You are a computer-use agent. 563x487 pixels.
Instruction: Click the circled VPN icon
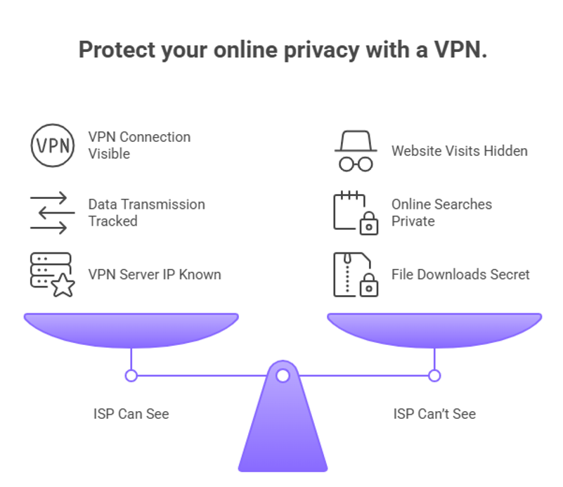click(x=52, y=145)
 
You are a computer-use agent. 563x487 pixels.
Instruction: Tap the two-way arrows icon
click(x=52, y=212)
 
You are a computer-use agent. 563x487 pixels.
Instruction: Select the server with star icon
click(x=52, y=274)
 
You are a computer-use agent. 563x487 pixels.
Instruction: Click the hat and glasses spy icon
click(x=356, y=150)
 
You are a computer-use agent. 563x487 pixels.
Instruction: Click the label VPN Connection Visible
click(x=139, y=145)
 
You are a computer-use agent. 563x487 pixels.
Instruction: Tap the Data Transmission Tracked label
click(x=146, y=212)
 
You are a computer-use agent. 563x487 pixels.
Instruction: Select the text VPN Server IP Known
click(x=155, y=274)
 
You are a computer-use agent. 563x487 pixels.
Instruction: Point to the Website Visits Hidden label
click(x=459, y=150)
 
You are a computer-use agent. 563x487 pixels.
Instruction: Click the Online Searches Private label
click(x=441, y=212)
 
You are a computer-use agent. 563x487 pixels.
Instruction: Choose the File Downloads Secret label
click(x=460, y=274)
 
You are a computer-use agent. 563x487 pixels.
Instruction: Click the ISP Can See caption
click(x=131, y=413)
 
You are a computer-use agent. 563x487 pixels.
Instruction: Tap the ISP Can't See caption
click(x=434, y=413)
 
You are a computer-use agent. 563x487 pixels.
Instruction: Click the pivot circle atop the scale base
click(x=283, y=376)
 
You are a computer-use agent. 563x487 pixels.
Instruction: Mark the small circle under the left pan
click(x=131, y=376)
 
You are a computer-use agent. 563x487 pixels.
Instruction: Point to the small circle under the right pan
click(x=434, y=376)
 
